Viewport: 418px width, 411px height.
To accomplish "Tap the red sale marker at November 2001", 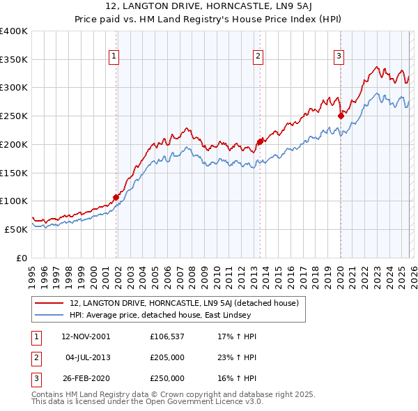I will pyautogui.click(x=116, y=197).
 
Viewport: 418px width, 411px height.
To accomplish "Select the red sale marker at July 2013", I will pyautogui.click(x=259, y=141).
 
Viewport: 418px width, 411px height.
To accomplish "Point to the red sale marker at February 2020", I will pyautogui.click(x=341, y=116).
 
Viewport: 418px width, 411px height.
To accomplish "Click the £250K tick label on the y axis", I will pyautogui.click(x=14, y=116).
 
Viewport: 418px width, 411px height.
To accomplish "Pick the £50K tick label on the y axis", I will pyautogui.click(x=16, y=229).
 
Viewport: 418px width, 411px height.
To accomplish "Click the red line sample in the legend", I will pyautogui.click(x=50, y=303).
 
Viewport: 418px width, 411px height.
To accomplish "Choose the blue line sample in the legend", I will pyautogui.click(x=50, y=315).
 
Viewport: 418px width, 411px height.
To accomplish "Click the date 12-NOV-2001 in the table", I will pyautogui.click(x=86, y=336).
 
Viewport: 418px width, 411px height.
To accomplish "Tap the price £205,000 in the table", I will pyautogui.click(x=167, y=357).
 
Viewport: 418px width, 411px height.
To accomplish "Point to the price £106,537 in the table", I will pyautogui.click(x=167, y=336).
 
